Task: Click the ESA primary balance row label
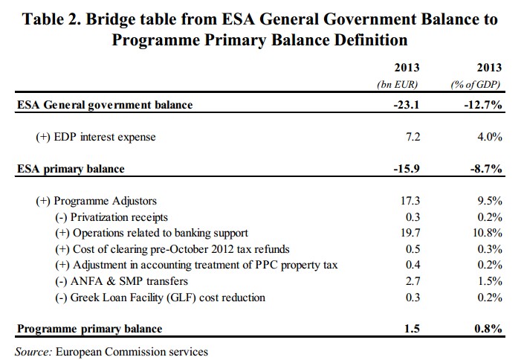click(71, 169)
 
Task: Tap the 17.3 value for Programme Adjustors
click(411, 201)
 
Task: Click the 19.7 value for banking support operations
click(411, 233)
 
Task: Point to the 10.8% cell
click(486, 233)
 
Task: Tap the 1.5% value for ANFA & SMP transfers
click(489, 281)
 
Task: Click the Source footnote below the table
click(111, 350)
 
